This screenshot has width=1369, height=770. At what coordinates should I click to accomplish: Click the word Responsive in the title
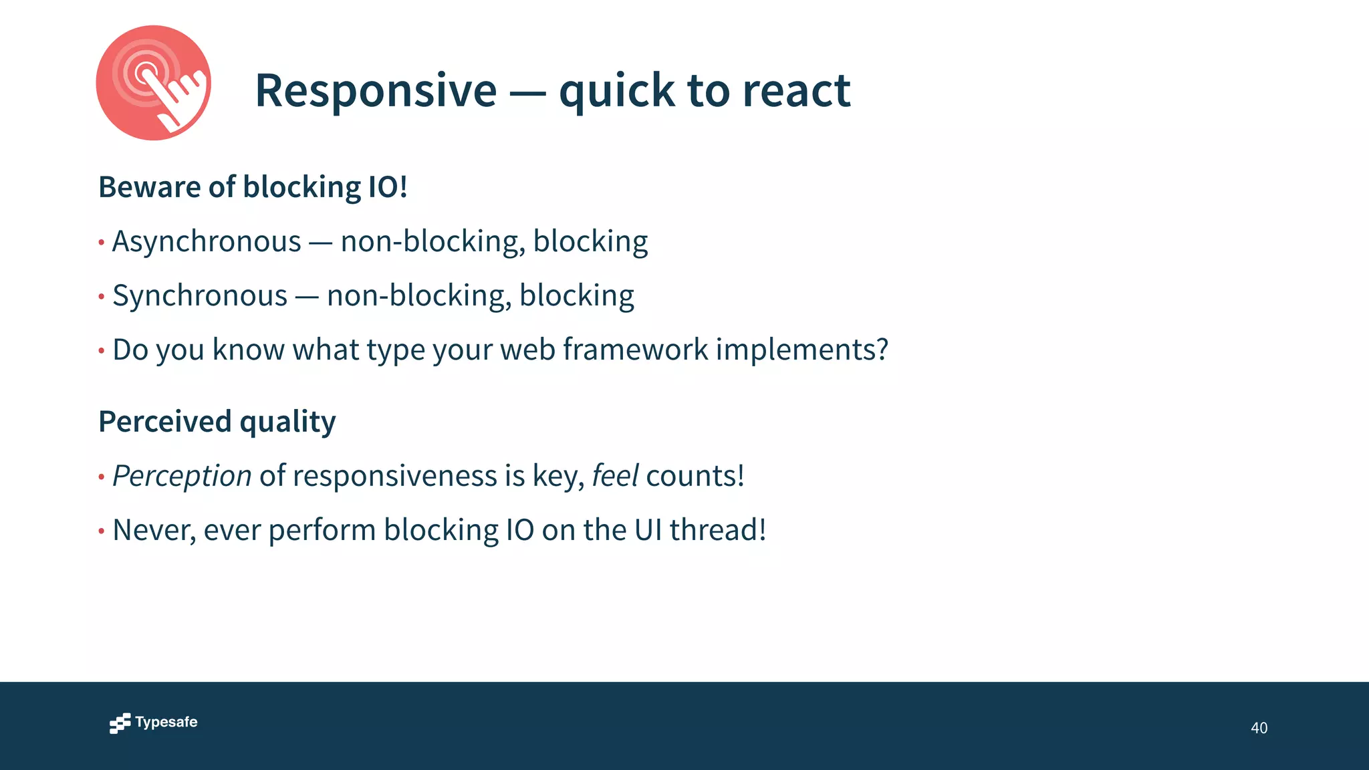(x=376, y=90)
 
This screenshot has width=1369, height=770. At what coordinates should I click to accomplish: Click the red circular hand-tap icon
(x=153, y=83)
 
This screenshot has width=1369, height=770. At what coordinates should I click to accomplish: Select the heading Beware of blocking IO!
(x=253, y=187)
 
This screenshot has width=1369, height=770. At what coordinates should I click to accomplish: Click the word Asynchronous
(x=207, y=241)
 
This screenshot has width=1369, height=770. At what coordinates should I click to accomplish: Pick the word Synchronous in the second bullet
(x=200, y=295)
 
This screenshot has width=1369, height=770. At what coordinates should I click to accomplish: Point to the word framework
(x=635, y=350)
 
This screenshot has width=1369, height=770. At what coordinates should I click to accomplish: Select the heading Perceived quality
(x=217, y=422)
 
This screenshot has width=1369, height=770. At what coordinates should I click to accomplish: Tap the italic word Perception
(x=182, y=476)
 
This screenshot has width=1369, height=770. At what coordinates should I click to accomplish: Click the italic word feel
(x=615, y=476)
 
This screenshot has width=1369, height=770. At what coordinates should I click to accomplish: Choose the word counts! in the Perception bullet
(x=695, y=476)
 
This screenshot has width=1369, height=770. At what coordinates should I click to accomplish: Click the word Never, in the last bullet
(x=154, y=530)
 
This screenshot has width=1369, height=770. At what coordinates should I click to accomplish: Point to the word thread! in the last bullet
(x=717, y=530)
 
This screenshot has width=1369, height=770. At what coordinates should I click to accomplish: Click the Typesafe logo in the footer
(x=154, y=723)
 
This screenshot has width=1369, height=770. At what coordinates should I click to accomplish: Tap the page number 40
(x=1259, y=728)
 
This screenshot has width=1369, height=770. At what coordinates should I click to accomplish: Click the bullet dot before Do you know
(x=101, y=350)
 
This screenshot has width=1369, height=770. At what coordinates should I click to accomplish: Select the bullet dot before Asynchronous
(x=101, y=242)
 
